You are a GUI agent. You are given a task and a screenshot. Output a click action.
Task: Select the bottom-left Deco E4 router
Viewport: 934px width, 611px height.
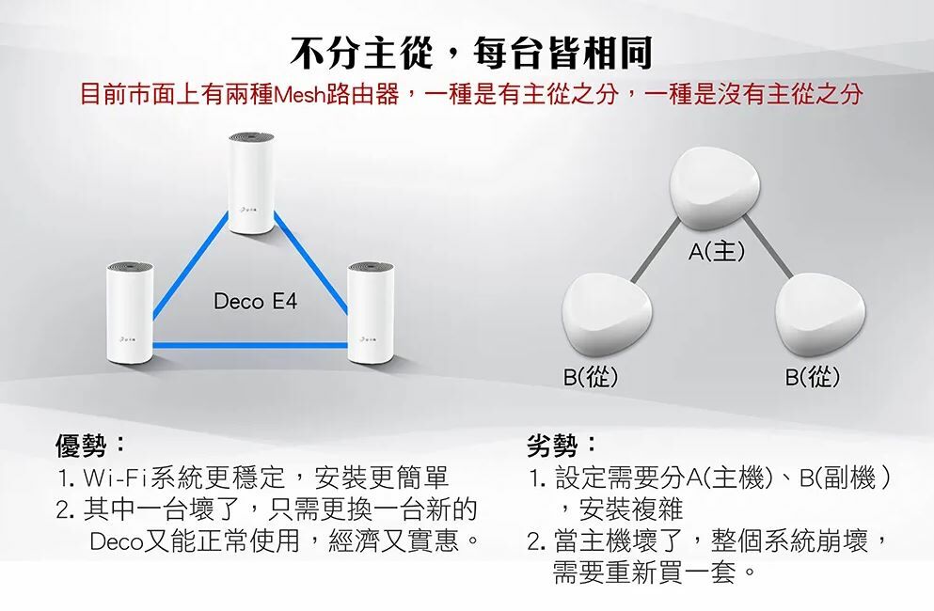[x=127, y=312]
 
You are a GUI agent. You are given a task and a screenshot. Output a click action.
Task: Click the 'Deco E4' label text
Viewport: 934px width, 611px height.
[x=254, y=303]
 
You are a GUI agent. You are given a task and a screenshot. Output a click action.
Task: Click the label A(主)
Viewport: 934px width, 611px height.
[x=717, y=251]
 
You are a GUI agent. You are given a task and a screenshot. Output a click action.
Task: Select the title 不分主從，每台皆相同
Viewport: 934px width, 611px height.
[x=470, y=54]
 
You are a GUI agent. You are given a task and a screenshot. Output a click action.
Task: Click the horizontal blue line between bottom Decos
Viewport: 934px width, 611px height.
[x=249, y=346]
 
